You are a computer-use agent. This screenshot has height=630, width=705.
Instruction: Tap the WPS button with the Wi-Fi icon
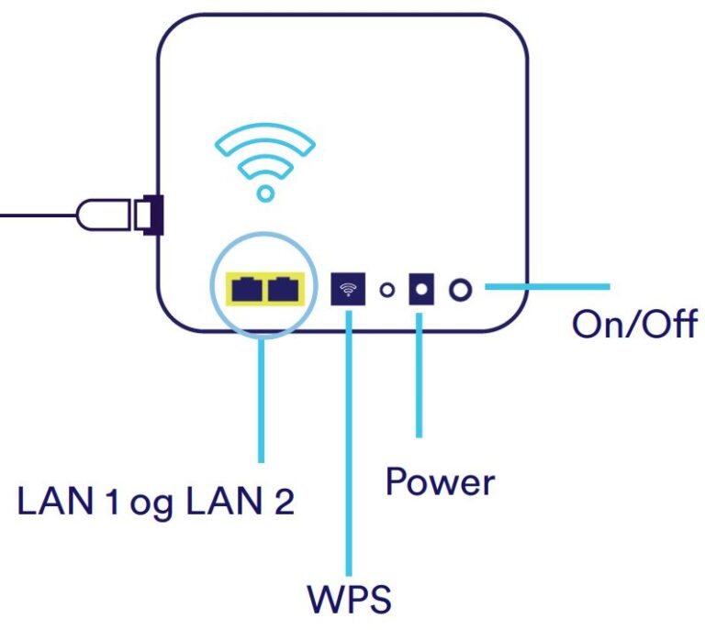click(348, 290)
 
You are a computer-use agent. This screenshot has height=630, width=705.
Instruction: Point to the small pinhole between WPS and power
click(386, 291)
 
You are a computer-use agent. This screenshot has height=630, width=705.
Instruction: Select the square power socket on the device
click(421, 290)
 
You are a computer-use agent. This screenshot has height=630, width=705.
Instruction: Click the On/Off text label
click(633, 324)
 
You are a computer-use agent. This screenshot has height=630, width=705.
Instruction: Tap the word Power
click(440, 481)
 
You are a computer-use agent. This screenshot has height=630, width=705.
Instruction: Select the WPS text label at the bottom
click(349, 598)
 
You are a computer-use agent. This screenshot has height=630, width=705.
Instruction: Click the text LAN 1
click(70, 502)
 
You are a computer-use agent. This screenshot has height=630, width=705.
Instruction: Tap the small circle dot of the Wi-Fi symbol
click(265, 193)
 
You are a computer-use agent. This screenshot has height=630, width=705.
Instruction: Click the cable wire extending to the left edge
click(37, 215)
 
